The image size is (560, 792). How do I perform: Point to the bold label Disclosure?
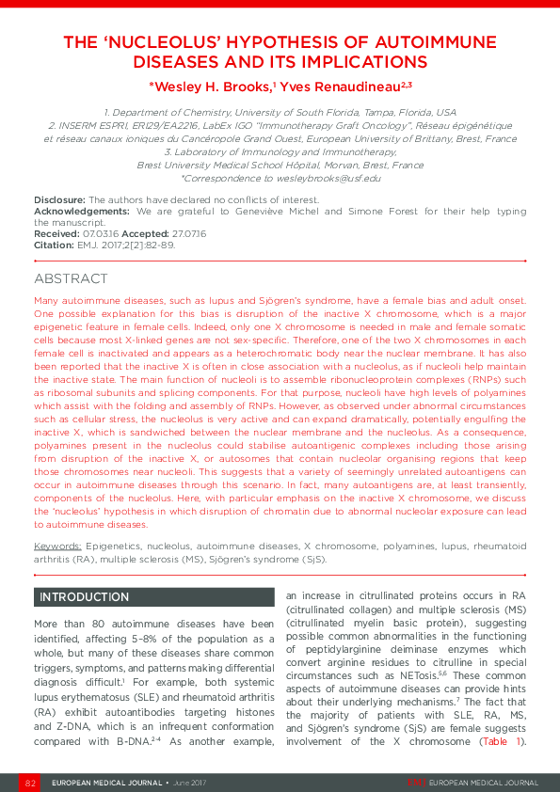tap(59, 200)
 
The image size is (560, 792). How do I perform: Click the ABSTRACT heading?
tap(71, 279)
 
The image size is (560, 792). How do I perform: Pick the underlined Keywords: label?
tap(57, 546)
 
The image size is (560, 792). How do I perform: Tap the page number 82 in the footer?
tap(30, 783)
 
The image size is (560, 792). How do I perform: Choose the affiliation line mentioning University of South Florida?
tap(280, 112)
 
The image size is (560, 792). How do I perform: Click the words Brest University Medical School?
tap(198, 165)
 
